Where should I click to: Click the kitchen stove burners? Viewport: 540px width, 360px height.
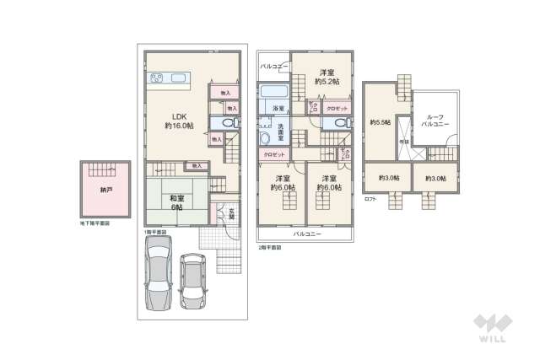[158, 80]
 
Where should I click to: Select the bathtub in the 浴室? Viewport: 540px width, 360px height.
[273, 92]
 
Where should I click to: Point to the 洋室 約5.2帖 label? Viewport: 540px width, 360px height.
[327, 77]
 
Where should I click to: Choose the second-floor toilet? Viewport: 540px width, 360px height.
[338, 123]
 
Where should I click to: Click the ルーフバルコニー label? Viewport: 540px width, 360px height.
[437, 121]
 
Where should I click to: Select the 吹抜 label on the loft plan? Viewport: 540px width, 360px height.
[404, 142]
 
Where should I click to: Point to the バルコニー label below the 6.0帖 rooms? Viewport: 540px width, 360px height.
[307, 234]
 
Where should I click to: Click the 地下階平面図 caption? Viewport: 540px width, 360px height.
[95, 224]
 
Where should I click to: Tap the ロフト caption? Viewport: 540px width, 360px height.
[370, 198]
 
